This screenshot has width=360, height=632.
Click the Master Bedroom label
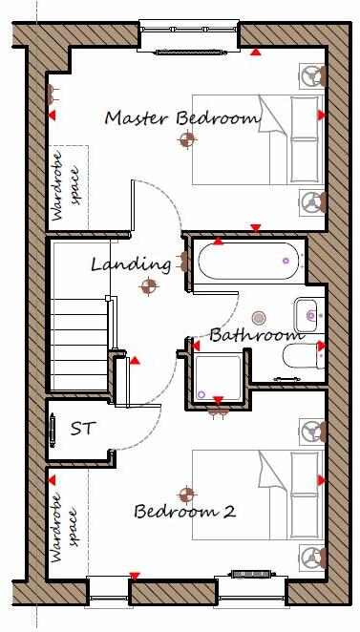pos(181,118)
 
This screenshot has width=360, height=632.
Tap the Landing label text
pos(131,263)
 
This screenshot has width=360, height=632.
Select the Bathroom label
pos(256,335)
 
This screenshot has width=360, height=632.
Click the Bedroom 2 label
pos(184,512)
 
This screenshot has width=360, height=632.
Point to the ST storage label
pos(83,428)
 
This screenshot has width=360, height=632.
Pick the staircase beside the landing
pos(82,325)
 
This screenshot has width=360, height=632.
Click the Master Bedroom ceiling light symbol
pos(187,140)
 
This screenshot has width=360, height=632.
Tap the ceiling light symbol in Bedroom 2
pos(187,495)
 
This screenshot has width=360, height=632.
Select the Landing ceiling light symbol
pos(148,284)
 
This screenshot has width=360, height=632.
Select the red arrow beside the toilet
pos(322,346)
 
